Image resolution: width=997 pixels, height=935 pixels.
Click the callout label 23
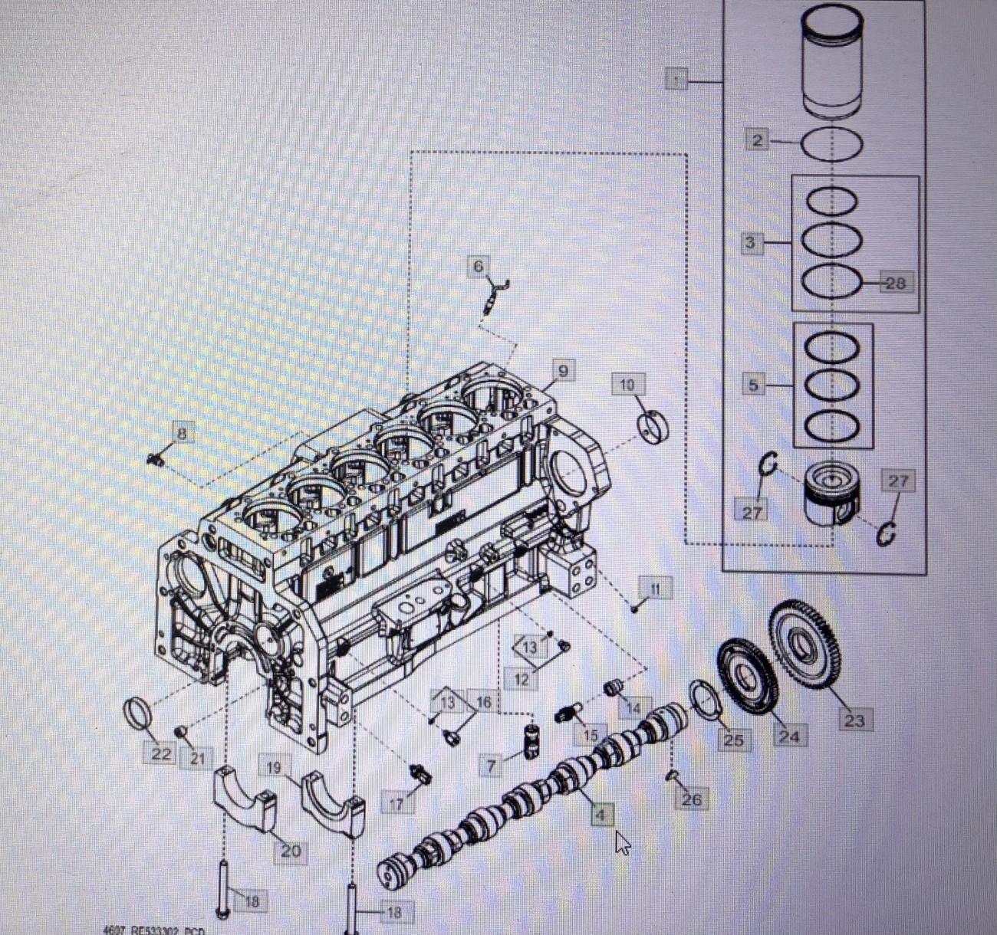854,720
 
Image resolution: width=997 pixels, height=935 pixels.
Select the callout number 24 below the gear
788,736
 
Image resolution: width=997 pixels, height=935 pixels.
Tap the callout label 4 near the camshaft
601,815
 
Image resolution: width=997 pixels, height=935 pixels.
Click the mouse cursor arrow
622,844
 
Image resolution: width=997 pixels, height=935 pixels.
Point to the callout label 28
895,283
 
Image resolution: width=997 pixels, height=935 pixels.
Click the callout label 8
181,434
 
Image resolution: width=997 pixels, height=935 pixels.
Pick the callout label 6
479,266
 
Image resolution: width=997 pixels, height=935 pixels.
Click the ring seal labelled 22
137,716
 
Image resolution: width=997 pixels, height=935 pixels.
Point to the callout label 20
291,850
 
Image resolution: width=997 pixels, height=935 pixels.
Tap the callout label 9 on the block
563,372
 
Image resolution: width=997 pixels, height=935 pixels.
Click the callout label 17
396,804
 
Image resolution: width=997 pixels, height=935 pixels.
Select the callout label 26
691,799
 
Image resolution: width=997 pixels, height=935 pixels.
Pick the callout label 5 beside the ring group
753,385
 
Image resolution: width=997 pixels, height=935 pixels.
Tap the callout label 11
655,589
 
